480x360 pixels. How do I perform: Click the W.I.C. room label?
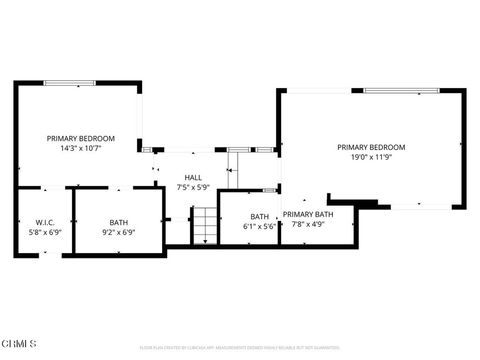44,222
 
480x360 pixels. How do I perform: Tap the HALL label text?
193,177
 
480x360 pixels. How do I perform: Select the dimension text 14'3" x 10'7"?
81,148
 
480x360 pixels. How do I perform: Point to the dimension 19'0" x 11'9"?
370,157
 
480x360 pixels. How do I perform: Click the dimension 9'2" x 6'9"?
119,232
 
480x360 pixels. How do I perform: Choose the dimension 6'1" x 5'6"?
259,226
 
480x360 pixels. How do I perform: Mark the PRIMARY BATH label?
308,214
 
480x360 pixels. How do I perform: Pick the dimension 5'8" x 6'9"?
44,232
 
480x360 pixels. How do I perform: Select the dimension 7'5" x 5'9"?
193,187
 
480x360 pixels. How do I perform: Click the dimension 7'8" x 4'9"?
308,224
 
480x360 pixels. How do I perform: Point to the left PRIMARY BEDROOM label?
81,138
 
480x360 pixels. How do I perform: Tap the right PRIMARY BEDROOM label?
370,147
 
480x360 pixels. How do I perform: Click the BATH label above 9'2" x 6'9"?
119,222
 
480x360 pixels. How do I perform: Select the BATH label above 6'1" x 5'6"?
259,216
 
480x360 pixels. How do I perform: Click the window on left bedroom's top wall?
70,83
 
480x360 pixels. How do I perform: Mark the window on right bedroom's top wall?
400,91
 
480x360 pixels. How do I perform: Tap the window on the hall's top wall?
239,150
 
